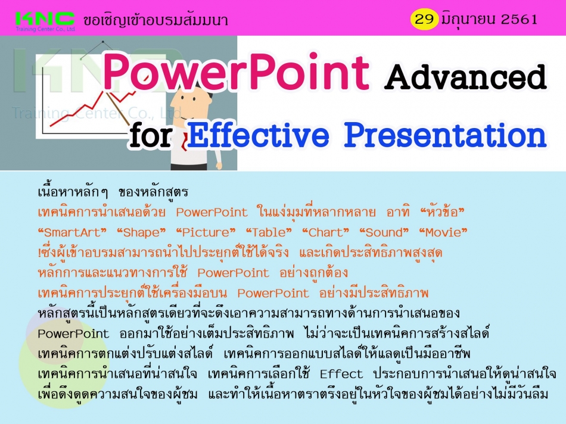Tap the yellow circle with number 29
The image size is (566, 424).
coord(424,19)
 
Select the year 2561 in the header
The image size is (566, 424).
coord(519,19)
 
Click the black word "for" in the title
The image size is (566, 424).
coord(151,136)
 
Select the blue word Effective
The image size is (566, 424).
coord(258,135)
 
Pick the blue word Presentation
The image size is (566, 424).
coord(445,135)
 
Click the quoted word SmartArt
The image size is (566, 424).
coord(72,232)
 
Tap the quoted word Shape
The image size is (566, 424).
coord(141,232)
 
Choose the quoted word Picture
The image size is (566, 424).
coord(206,232)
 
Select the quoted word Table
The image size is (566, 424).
coord(269,232)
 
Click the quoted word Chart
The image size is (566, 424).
coord(325,232)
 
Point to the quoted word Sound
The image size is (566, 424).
coord(384,232)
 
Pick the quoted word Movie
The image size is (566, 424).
coord(443,232)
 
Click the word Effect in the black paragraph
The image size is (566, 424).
coord(341,374)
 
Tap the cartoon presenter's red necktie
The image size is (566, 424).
coord(184,142)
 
